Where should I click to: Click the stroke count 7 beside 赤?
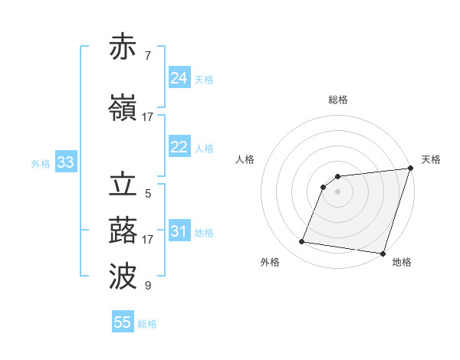147,56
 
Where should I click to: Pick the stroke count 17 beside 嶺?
147,117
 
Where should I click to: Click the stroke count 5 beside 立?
147,194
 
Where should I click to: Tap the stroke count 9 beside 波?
147,286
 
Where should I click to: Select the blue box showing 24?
179,78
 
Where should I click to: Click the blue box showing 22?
179,147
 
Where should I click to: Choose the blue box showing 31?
179,231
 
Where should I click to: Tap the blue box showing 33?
65,162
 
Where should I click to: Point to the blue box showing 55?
123,322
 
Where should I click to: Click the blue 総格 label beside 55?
147,324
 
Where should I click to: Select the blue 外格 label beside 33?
41,164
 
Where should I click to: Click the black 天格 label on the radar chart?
431,159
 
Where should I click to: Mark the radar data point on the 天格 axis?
410,169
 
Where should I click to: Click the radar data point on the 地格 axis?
383,253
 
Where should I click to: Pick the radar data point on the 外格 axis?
301,242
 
